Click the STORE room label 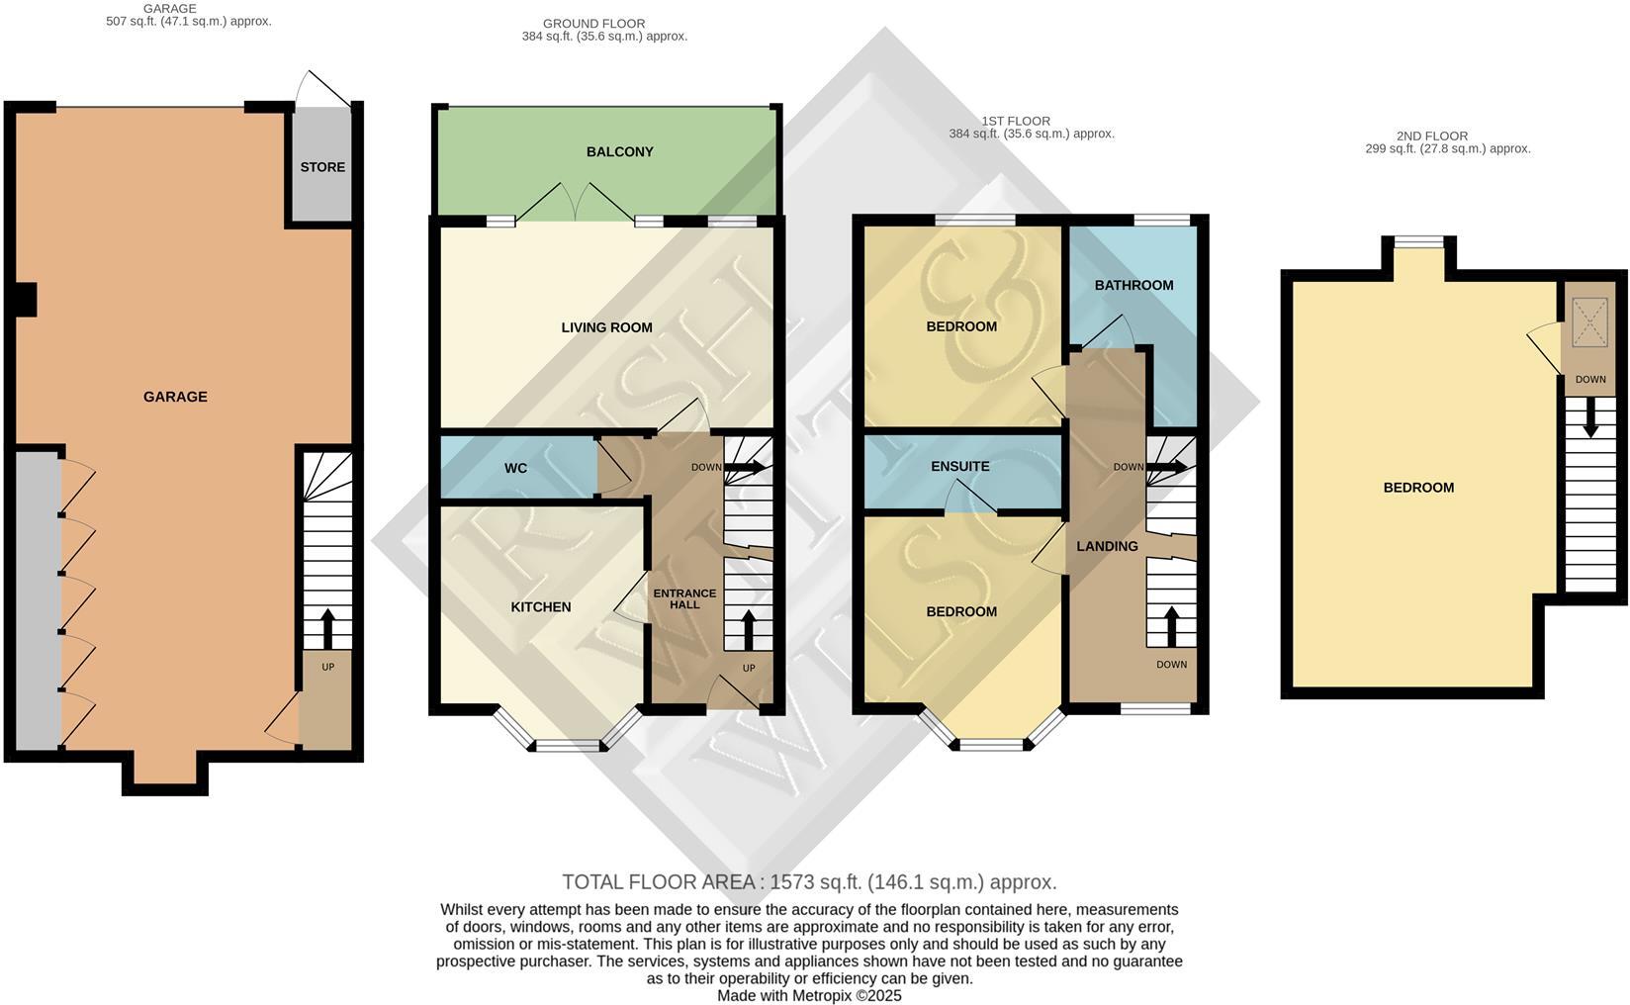[322, 167]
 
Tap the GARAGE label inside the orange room [175, 397]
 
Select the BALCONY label [619, 151]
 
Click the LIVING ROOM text [606, 327]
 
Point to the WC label [515, 468]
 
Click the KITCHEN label [540, 606]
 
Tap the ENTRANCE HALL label [684, 599]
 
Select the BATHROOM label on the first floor [1133, 285]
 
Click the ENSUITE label [959, 466]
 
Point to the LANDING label [1107, 546]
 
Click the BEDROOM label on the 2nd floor [1417, 488]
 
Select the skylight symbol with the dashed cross [1589, 321]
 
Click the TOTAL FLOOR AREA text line [808, 881]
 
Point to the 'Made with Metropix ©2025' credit [808, 996]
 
